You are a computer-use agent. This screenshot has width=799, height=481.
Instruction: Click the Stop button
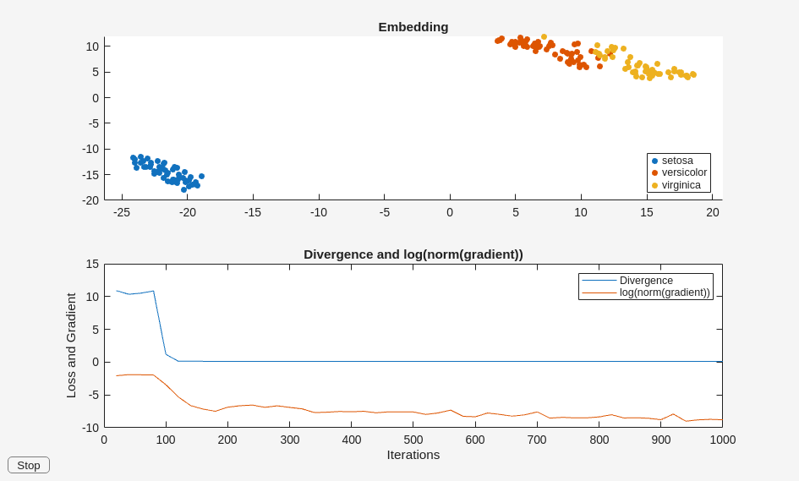click(29, 465)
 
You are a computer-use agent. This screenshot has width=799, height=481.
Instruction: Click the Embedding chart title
click(413, 27)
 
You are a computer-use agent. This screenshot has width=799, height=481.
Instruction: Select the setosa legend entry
click(677, 161)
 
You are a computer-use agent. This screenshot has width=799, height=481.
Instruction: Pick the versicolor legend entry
click(684, 172)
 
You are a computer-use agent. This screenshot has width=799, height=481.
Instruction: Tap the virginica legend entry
click(681, 185)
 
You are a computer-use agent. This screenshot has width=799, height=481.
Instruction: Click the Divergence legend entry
click(646, 281)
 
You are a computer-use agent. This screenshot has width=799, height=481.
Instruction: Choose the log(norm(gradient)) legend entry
click(665, 292)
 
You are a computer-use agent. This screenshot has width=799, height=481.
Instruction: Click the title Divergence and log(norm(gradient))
click(413, 254)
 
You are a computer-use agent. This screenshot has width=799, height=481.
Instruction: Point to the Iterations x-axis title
click(413, 455)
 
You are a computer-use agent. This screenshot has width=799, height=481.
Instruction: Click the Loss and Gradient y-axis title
click(71, 346)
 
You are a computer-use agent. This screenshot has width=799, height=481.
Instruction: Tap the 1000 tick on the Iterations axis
click(722, 440)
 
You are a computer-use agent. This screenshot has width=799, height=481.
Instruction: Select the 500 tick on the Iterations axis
click(413, 440)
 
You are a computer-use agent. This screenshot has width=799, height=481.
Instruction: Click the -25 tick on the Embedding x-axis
click(122, 212)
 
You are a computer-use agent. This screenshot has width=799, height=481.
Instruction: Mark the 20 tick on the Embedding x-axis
click(713, 212)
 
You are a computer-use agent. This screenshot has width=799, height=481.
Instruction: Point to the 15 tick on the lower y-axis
click(92, 265)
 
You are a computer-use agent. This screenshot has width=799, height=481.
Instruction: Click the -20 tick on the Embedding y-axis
click(90, 200)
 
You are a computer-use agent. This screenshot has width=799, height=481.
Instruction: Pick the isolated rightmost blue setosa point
click(201, 176)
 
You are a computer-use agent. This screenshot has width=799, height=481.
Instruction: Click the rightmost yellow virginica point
click(693, 74)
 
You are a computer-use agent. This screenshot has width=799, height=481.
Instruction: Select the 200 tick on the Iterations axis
click(227, 440)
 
